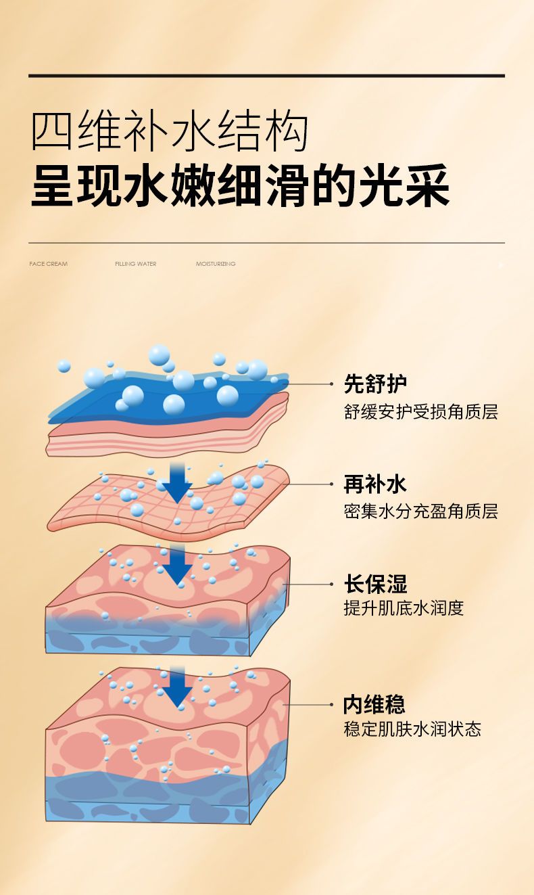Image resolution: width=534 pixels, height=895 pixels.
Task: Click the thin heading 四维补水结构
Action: point(170,131)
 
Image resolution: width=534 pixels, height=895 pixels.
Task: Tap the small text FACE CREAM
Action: point(48,264)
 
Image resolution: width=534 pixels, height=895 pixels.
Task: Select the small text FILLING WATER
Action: point(136,264)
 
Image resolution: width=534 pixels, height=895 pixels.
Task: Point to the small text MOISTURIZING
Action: point(216,264)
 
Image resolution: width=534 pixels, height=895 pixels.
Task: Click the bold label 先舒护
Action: point(375,384)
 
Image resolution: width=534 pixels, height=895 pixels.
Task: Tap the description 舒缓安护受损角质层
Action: point(421,412)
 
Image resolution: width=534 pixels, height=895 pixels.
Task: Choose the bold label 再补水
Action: point(375,484)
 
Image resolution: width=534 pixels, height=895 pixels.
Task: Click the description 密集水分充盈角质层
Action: point(421,511)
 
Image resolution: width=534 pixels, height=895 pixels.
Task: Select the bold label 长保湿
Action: point(375,584)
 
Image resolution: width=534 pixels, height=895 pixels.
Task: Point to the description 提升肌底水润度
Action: point(404,609)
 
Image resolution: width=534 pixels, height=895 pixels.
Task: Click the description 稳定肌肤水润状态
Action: point(412,729)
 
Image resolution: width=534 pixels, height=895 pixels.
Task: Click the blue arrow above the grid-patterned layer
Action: point(178,484)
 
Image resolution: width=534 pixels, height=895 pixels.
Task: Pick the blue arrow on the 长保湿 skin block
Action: point(178,564)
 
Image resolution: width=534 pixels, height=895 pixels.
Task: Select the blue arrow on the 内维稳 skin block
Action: point(178,687)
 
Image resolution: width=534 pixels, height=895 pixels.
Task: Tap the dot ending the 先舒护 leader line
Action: point(331,384)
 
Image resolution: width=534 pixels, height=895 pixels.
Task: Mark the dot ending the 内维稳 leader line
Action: point(331,705)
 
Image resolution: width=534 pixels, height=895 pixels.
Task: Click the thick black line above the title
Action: point(266,76)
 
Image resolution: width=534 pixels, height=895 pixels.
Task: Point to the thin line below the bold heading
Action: point(266,243)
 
